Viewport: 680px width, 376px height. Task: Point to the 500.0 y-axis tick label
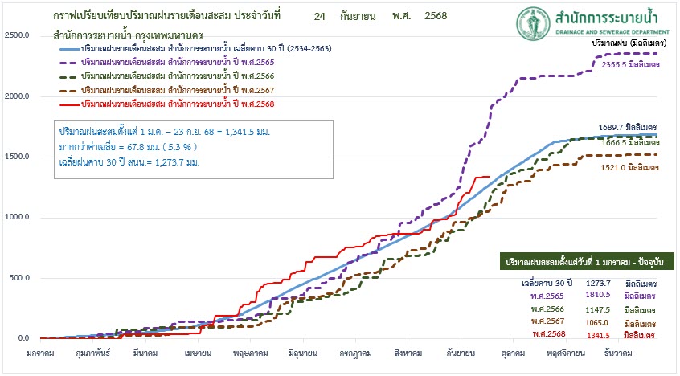(18, 278)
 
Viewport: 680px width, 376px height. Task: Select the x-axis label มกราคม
(40, 352)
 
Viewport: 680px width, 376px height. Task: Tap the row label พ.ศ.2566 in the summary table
(547, 309)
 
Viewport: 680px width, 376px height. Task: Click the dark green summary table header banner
(585, 262)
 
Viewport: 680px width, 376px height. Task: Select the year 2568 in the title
(434, 16)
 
